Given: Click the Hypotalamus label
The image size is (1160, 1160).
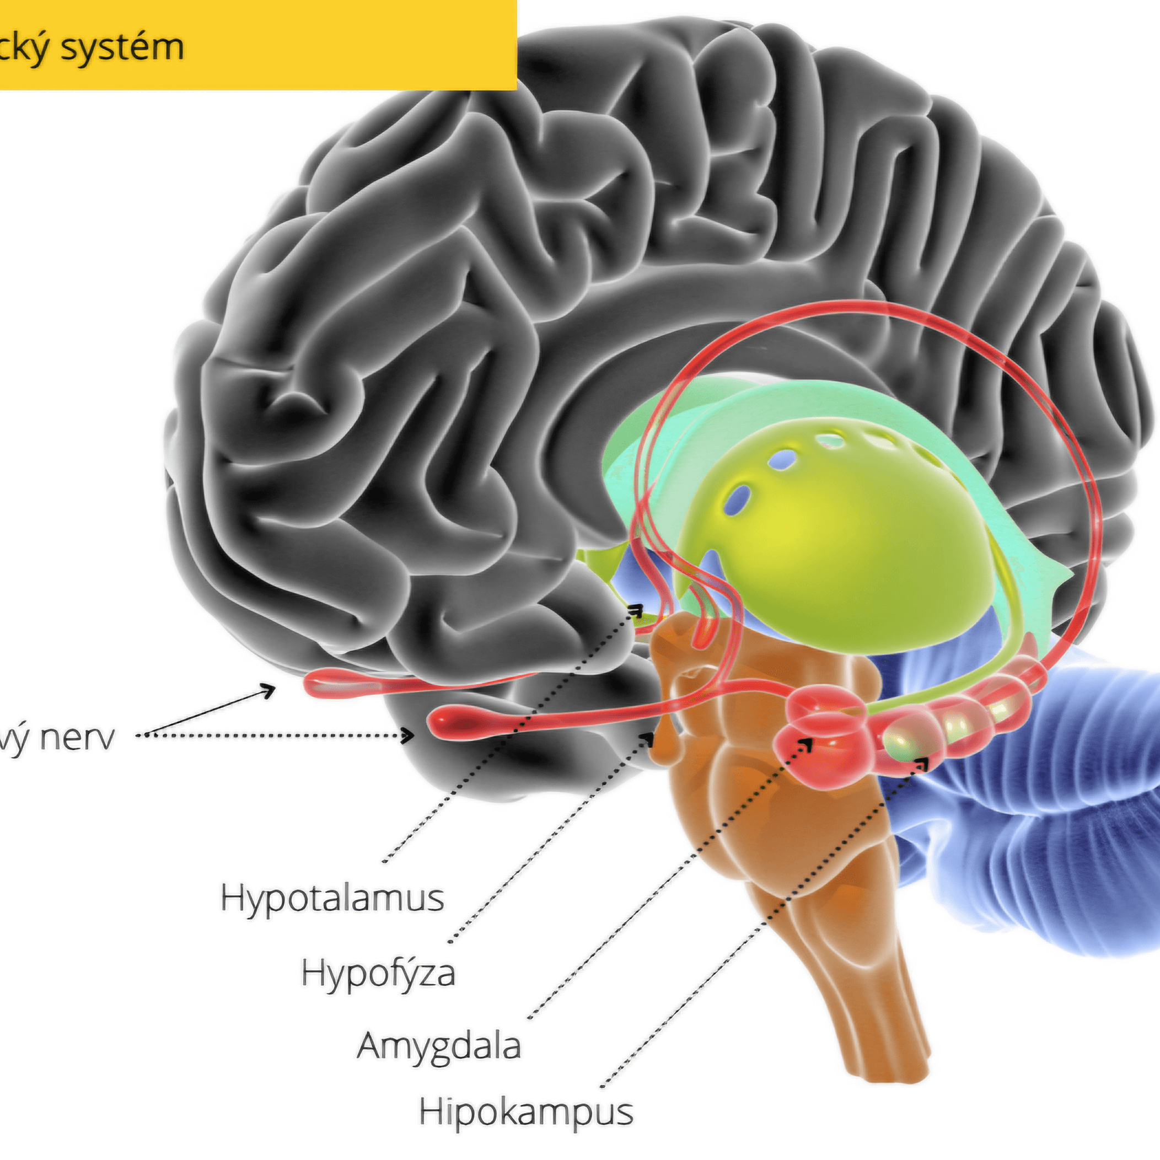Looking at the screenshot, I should click(332, 898).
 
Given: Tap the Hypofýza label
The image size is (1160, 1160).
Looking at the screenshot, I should click(378, 973).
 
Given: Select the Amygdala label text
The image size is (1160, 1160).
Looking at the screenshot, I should click(438, 1045).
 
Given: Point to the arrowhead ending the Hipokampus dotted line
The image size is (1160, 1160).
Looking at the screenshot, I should click(923, 763).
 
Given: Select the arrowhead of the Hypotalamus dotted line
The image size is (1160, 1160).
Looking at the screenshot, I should click(637, 611).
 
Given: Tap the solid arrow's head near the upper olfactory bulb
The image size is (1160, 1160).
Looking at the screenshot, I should click(270, 689).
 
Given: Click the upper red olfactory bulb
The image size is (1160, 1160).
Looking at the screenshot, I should click(336, 683).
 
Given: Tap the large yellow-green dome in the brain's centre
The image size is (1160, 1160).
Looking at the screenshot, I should click(841, 540).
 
